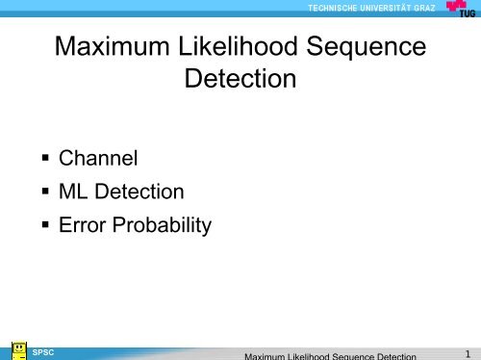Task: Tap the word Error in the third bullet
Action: pyautogui.click(x=83, y=227)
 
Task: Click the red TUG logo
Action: pyautogui.click(x=461, y=9)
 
